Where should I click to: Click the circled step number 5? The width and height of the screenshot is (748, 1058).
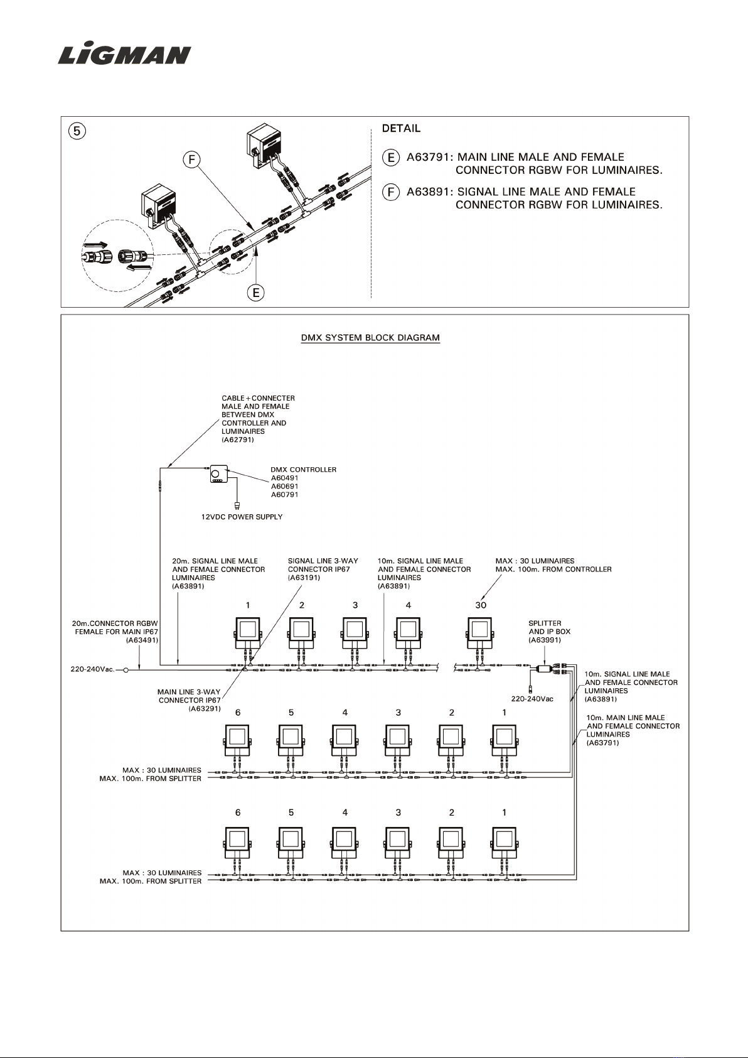(x=77, y=131)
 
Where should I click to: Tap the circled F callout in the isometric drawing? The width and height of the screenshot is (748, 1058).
(x=191, y=159)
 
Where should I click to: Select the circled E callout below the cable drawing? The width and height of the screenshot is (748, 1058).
(x=256, y=293)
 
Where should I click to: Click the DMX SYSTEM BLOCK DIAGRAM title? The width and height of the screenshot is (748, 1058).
(x=370, y=338)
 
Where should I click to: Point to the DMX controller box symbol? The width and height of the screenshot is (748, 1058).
(x=219, y=473)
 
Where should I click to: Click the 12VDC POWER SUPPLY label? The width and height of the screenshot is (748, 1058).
(x=242, y=517)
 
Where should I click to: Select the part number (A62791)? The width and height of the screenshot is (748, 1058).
(x=238, y=440)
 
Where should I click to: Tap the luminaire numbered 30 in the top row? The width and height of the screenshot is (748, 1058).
(x=480, y=634)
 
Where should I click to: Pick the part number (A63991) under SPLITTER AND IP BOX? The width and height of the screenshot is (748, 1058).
(x=545, y=640)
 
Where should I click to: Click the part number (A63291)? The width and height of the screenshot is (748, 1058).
(x=205, y=708)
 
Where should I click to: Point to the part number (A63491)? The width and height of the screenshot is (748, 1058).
(x=142, y=640)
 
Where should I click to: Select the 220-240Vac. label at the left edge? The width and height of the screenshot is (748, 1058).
(x=93, y=669)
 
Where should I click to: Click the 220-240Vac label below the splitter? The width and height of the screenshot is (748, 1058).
(x=532, y=699)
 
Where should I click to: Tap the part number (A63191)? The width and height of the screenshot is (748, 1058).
(x=304, y=578)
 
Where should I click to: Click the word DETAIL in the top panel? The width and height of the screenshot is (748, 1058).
(x=401, y=129)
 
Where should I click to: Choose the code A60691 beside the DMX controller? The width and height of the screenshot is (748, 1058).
(x=284, y=486)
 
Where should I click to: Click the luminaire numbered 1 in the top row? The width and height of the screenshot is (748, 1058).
(x=248, y=634)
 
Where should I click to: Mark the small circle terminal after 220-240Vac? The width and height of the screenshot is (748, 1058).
(x=126, y=669)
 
